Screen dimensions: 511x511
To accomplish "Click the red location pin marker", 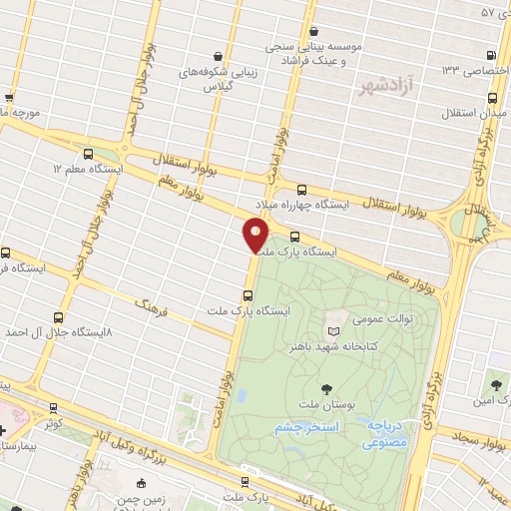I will [x=256, y=234].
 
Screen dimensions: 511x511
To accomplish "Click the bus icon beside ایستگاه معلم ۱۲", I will [x=89, y=155].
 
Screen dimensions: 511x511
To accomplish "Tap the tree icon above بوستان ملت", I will [x=326, y=388].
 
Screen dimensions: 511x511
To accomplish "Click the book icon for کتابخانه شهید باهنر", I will [x=333, y=330].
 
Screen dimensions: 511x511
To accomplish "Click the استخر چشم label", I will [x=305, y=427].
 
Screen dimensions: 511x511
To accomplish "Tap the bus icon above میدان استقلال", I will [x=493, y=98].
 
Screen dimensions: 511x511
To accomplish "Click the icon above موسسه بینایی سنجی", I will [x=314, y=30].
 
